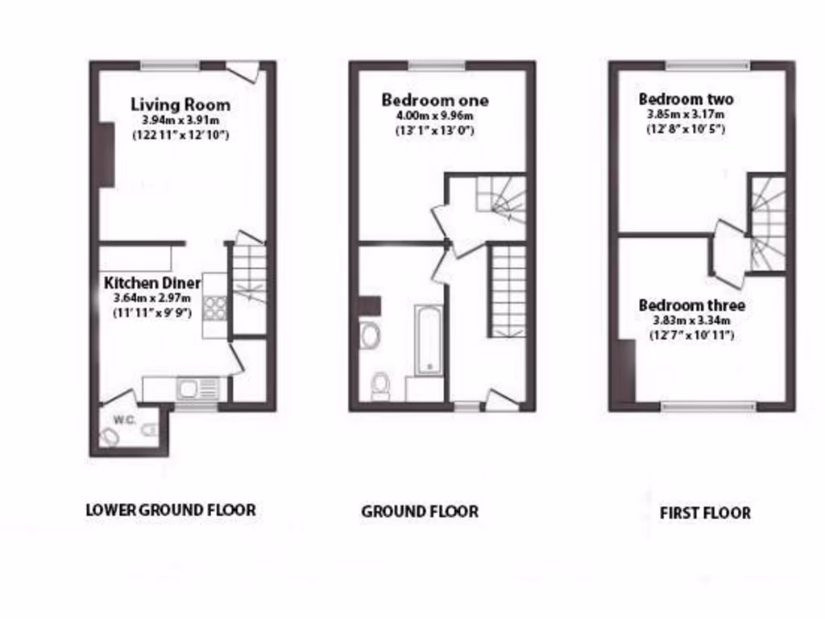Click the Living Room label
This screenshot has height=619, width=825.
point(180,105)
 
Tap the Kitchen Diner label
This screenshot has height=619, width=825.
point(152,283)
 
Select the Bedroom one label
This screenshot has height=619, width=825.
point(434,101)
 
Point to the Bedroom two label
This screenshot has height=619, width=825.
point(686,99)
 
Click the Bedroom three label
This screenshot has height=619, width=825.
point(691,305)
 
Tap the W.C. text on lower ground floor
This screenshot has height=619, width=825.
point(123,419)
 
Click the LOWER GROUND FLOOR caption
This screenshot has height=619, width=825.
point(170,510)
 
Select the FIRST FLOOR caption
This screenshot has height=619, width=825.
point(705,513)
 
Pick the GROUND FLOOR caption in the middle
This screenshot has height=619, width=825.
point(419,511)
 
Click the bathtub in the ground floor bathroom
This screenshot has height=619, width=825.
point(428,339)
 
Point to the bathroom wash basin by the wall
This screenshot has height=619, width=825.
point(369,334)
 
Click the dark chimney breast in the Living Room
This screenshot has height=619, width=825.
point(106,154)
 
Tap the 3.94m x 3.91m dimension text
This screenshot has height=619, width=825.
point(180,121)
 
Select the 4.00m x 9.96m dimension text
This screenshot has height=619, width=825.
point(434,117)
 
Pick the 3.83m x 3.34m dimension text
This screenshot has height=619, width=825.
point(691,321)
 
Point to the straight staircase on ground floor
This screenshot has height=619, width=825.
point(508,291)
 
